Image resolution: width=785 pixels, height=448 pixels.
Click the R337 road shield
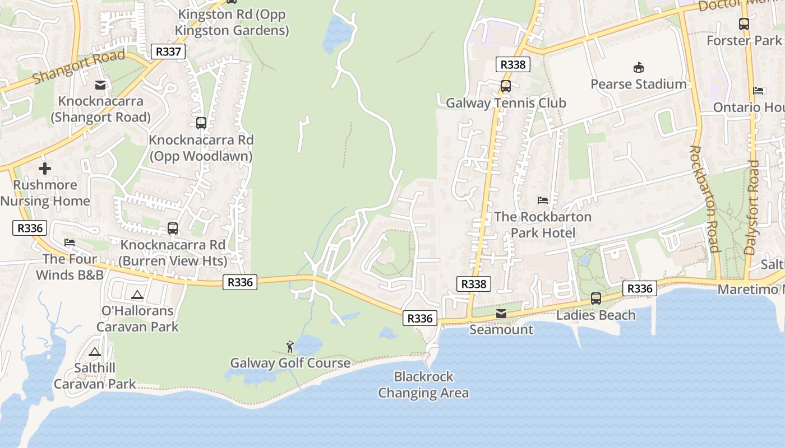click(x=168, y=52)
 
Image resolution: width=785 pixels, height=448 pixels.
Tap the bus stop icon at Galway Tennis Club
click(x=505, y=86)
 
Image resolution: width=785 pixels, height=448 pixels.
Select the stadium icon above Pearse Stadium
click(x=638, y=68)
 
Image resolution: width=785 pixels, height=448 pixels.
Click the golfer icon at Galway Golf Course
click(x=290, y=347)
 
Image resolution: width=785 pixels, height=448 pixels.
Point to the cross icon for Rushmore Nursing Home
click(x=45, y=168)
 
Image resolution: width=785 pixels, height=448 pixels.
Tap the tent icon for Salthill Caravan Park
click(x=94, y=352)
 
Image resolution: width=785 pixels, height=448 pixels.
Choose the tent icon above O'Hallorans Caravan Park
click(x=137, y=294)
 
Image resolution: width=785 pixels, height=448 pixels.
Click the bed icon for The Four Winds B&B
click(x=70, y=242)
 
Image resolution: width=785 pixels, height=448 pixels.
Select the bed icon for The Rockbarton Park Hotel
click(x=542, y=200)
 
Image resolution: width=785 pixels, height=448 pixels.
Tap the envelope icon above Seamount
click(x=501, y=314)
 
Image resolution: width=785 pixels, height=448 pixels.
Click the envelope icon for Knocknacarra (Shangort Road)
click(x=100, y=85)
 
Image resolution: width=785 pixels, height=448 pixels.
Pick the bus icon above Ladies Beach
click(x=595, y=298)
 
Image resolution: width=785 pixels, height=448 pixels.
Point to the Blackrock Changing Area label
click(x=423, y=385)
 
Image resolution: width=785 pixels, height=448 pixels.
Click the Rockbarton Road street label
click(x=704, y=199)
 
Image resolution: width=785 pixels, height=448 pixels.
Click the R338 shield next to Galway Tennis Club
click(x=512, y=64)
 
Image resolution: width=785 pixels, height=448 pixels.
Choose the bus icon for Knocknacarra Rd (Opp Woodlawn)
click(x=201, y=123)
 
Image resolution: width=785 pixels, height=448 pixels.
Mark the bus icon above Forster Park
click(x=744, y=24)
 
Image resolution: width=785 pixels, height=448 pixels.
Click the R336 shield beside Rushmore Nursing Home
click(x=30, y=228)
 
